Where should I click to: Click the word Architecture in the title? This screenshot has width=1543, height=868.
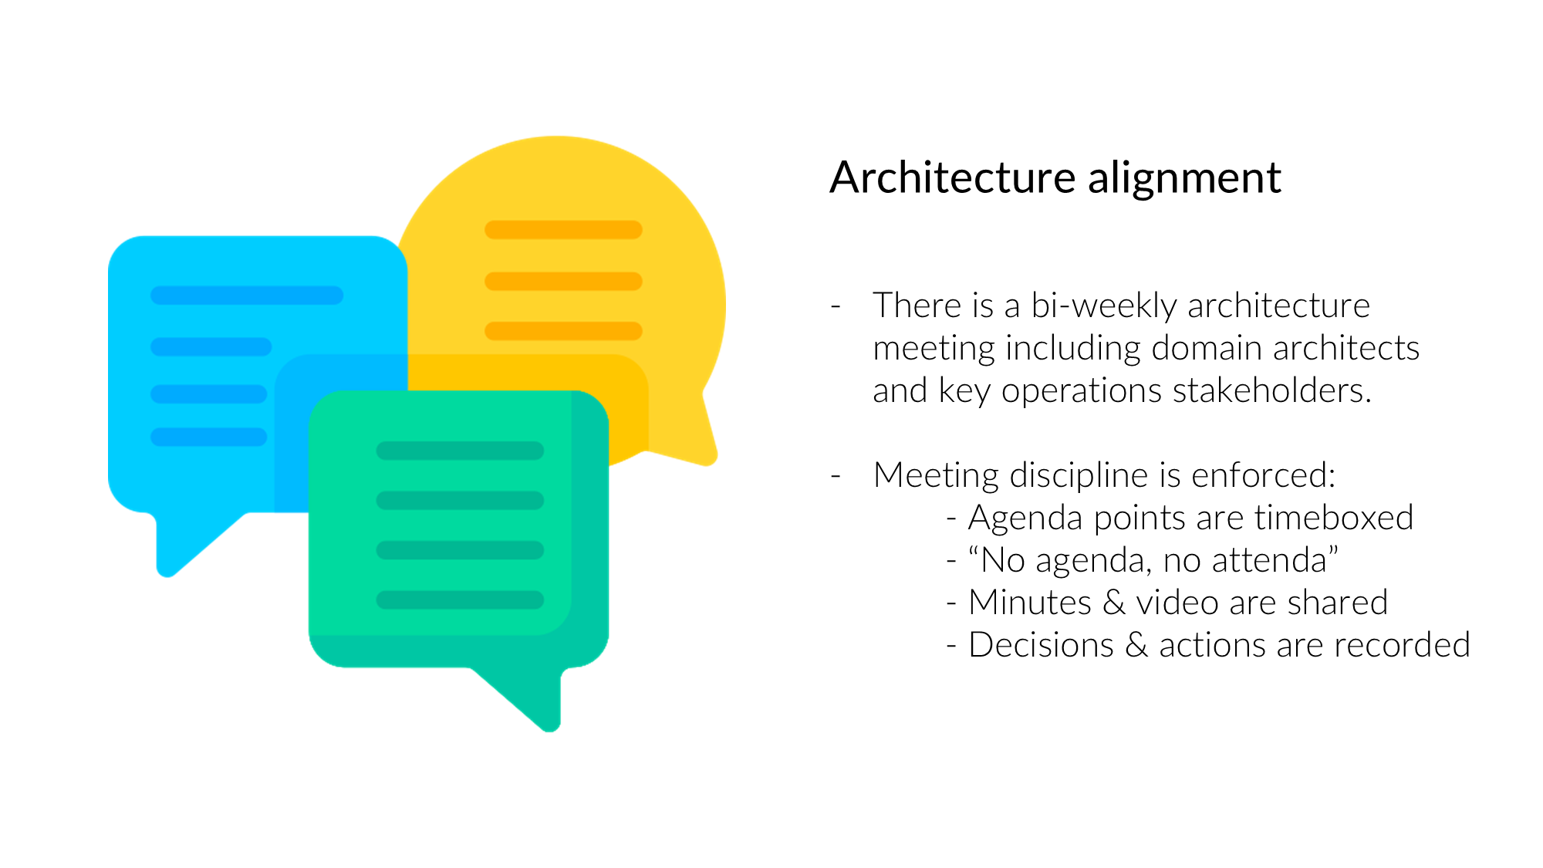pyautogui.click(x=953, y=177)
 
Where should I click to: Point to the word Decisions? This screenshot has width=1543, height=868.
pyautogui.click(x=1042, y=644)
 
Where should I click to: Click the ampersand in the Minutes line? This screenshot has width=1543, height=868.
pyautogui.click(x=1113, y=603)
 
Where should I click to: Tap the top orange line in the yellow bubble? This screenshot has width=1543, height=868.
pyautogui.click(x=563, y=230)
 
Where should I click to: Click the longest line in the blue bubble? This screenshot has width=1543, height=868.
pyautogui.click(x=247, y=296)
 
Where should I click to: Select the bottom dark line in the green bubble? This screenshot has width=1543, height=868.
pyautogui.click(x=460, y=599)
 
